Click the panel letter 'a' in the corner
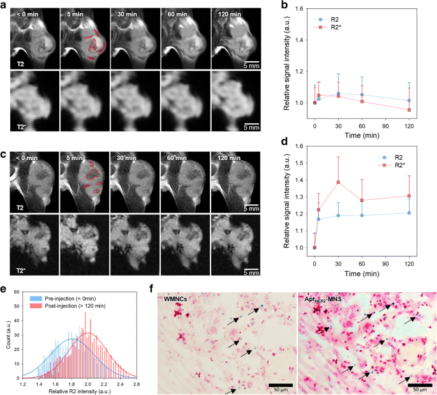pyautogui.click(x=4, y=5)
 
